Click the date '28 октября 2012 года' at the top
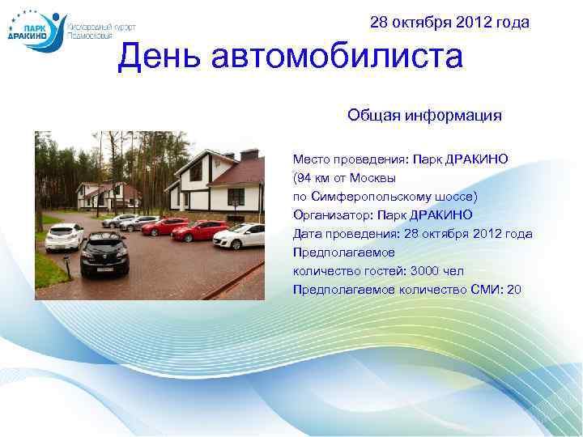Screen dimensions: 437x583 click(x=449, y=23)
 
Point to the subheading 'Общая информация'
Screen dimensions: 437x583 click(x=424, y=116)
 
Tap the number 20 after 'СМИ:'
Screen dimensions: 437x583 click(x=513, y=290)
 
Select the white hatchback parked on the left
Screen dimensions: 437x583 click(x=65, y=239)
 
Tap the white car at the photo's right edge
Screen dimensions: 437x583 click(x=243, y=236)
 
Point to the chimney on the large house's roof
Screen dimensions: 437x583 click(x=249, y=153)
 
